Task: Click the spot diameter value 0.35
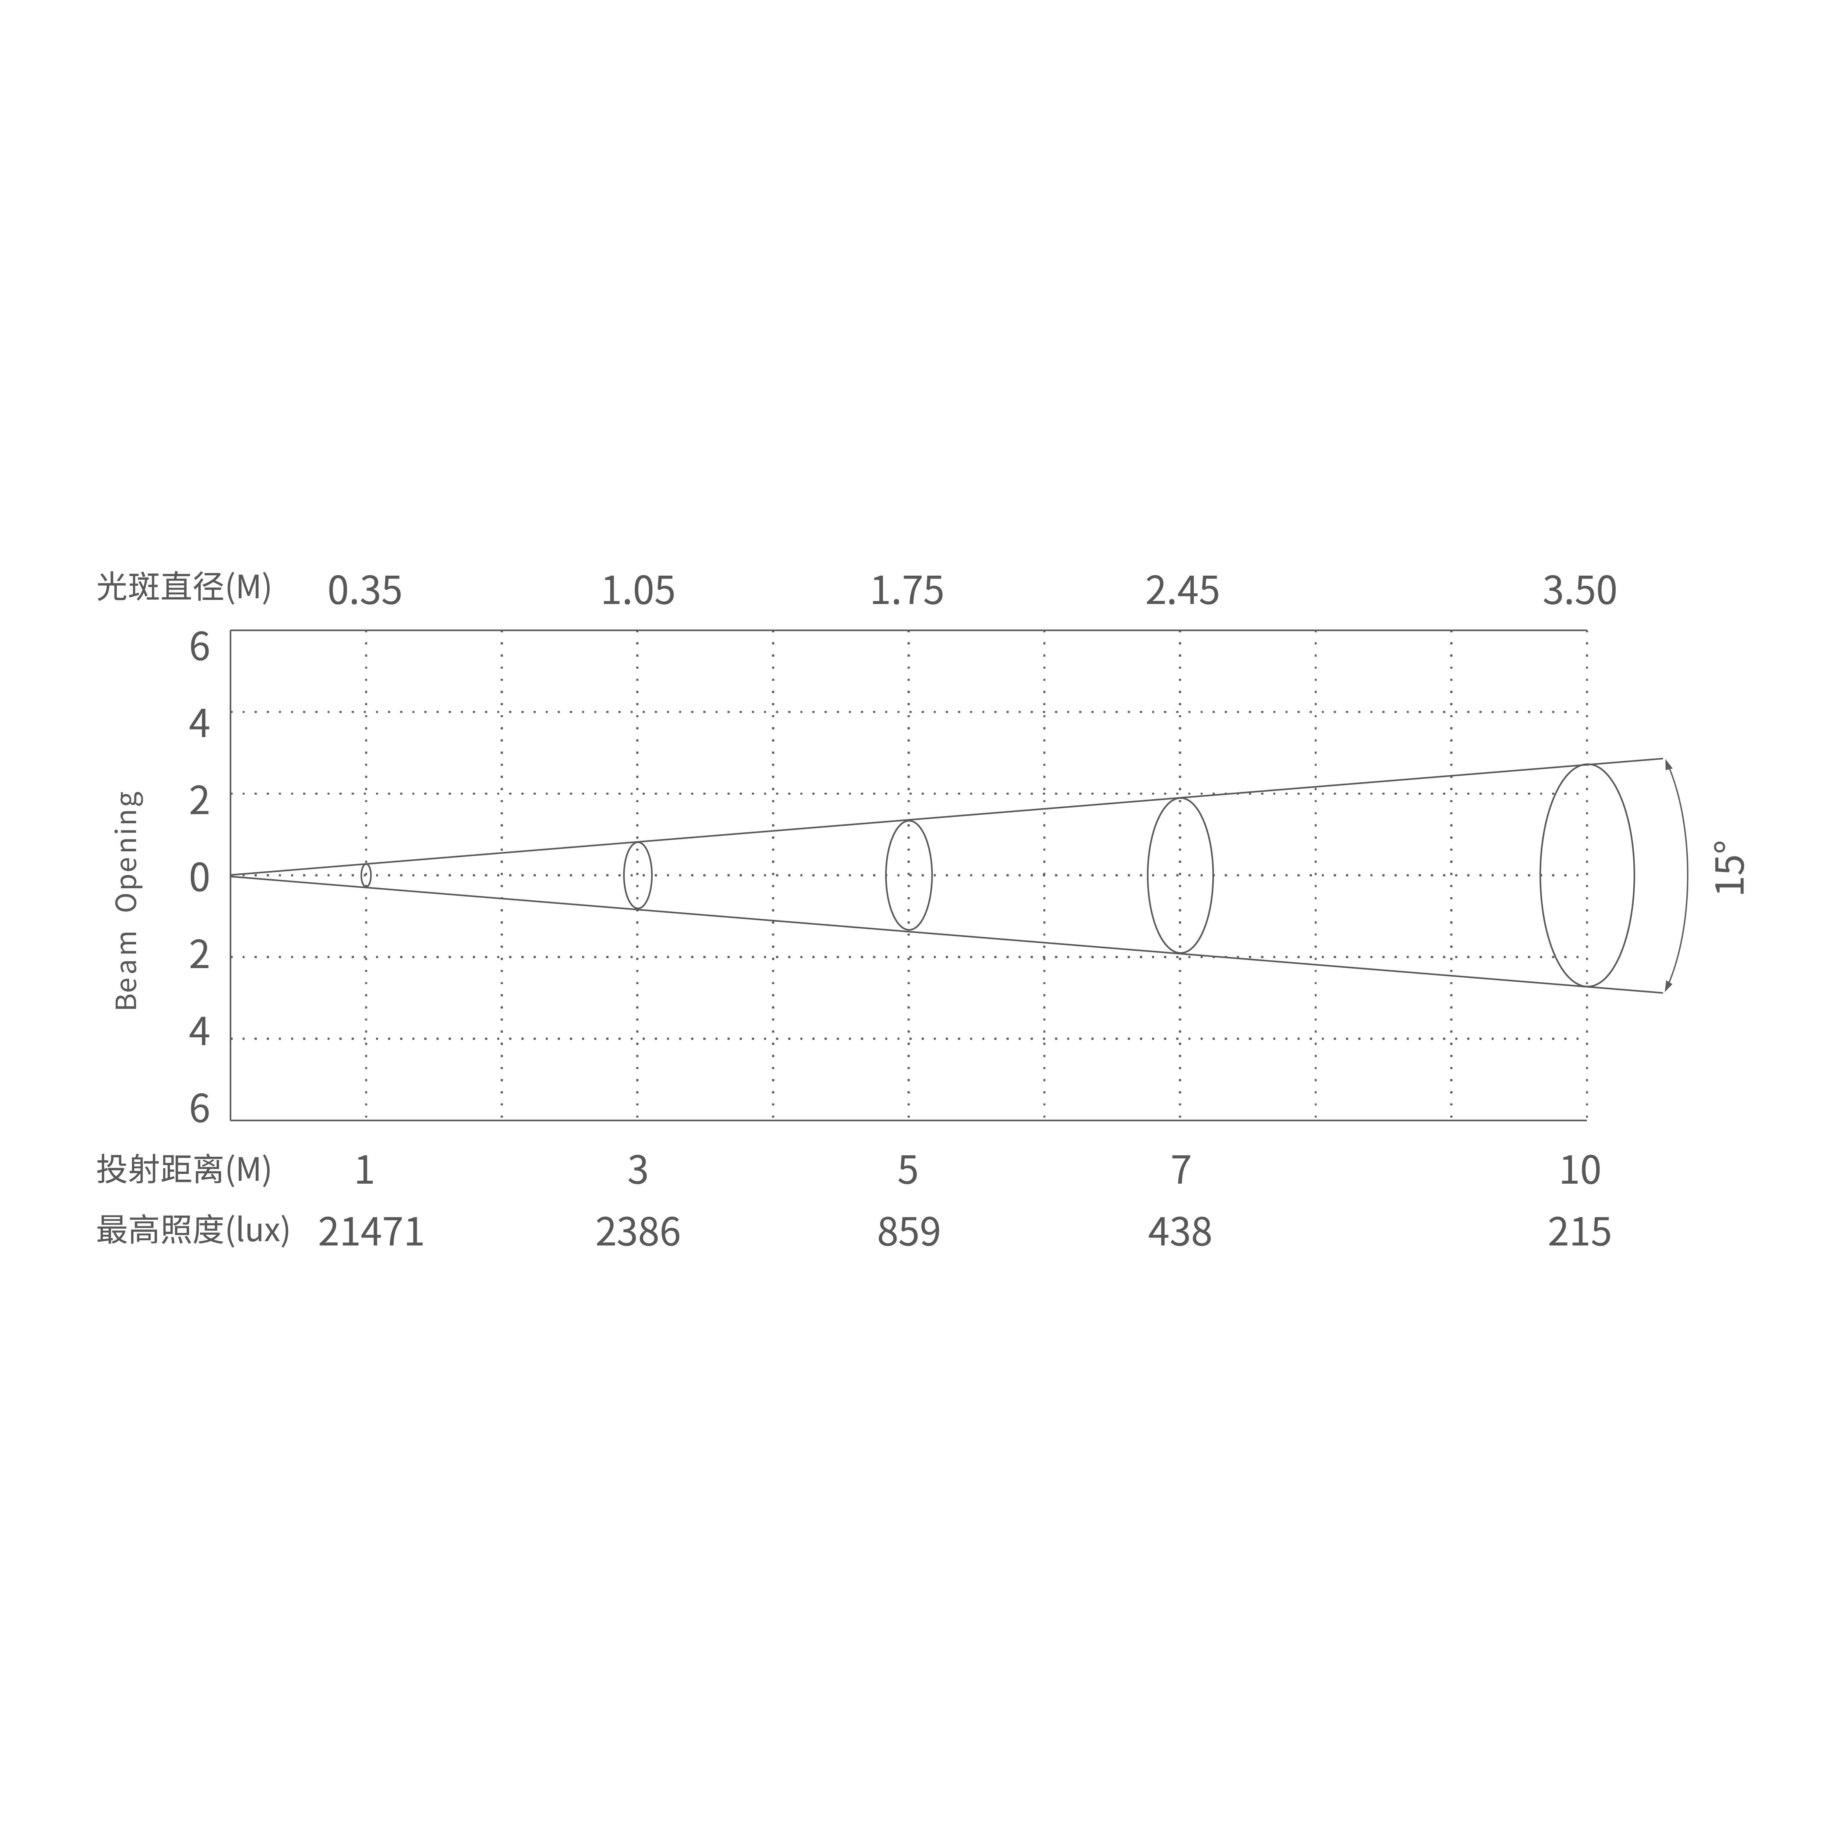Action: coord(365,591)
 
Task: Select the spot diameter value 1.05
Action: coord(638,591)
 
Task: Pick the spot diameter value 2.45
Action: coord(1181,591)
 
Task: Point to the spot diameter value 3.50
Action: coord(1579,591)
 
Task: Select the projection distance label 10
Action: coord(1579,1170)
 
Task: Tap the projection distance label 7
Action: coord(1181,1170)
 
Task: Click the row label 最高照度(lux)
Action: coord(193,1231)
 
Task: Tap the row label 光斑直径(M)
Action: coord(184,588)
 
